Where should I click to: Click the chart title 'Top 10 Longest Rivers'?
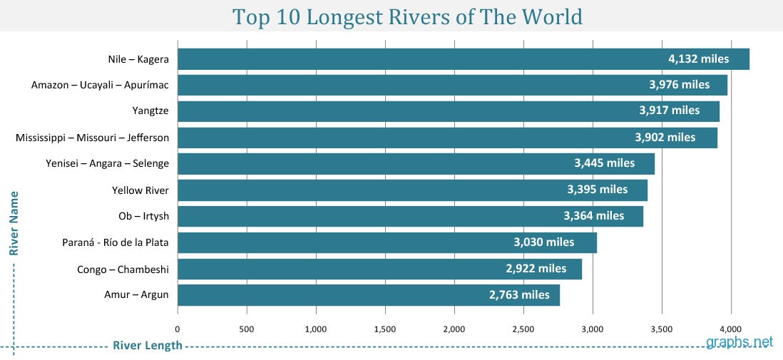coord(408,16)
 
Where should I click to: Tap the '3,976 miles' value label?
coord(679,85)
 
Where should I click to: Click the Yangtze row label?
coord(150,111)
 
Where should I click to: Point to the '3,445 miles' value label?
coord(604,163)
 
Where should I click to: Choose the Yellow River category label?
coord(140,190)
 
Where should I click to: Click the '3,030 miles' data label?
coord(543,242)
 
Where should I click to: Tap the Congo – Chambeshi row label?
coord(123,269)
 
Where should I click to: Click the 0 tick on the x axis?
coord(178,329)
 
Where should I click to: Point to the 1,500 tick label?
coord(385,329)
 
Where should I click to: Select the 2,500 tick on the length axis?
coord(523,329)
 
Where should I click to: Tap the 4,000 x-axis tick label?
coord(731,329)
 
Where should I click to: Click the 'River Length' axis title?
coord(147,346)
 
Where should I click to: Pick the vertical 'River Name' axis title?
coord(14,222)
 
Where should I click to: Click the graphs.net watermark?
coord(739,341)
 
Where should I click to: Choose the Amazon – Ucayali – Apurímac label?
coord(100,85)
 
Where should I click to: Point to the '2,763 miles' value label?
coord(519,294)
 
